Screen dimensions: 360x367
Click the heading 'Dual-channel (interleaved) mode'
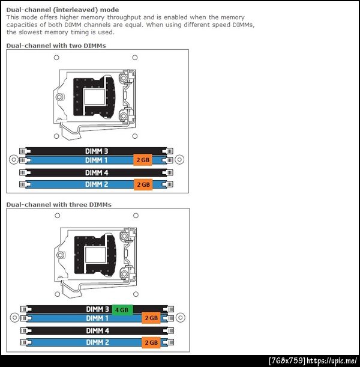click(x=62, y=10)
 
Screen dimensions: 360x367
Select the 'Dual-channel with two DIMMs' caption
click(x=56, y=46)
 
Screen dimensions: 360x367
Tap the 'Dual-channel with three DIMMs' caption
click(x=59, y=205)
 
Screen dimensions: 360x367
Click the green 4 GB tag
click(x=122, y=310)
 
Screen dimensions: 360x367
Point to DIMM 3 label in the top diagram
click(x=97, y=151)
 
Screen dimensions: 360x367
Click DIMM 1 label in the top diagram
click(x=97, y=160)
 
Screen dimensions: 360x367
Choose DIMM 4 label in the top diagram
click(x=97, y=173)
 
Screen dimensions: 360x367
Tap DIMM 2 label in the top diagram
click(x=97, y=184)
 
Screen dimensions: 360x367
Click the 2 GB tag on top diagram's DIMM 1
click(x=143, y=160)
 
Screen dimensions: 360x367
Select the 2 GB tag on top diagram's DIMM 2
click(x=143, y=184)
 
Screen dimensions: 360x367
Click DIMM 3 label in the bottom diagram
click(x=97, y=309)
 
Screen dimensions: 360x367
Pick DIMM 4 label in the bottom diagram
click(x=97, y=331)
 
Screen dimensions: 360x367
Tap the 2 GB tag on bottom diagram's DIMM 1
click(x=151, y=318)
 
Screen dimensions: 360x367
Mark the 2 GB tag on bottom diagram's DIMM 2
click(x=151, y=342)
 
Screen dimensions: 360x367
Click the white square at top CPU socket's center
click(x=94, y=97)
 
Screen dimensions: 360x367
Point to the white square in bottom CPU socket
click(x=95, y=255)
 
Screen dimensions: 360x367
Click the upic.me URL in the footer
click(x=332, y=360)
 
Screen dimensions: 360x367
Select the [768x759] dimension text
click(x=287, y=360)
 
